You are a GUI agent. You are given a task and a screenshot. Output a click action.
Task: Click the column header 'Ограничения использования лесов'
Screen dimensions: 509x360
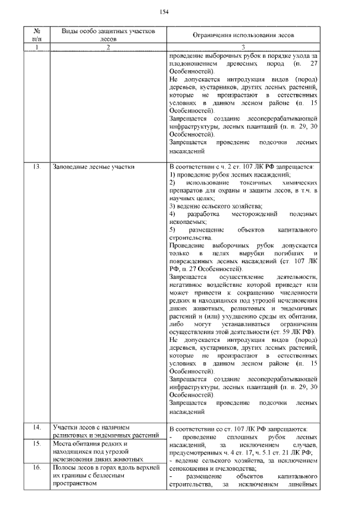(x=243, y=35)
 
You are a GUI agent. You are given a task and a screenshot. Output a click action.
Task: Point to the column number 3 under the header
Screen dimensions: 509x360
(x=243, y=48)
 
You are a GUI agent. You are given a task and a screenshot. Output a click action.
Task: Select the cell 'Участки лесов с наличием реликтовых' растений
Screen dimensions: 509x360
(x=99, y=431)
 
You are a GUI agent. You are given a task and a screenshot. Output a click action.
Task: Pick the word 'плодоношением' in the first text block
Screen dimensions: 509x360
(x=192, y=64)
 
